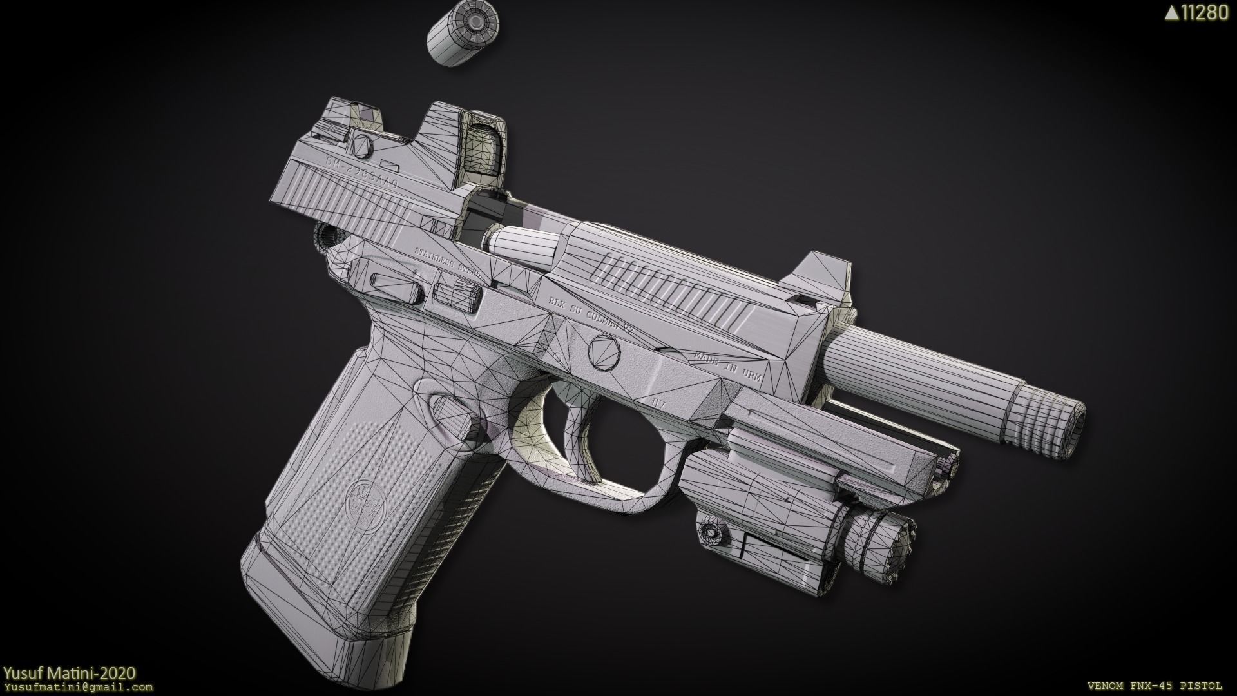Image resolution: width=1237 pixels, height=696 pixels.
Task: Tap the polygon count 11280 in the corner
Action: [1196, 13]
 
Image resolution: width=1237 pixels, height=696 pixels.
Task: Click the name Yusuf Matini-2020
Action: [69, 673]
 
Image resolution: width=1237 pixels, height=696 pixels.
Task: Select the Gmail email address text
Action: [77, 687]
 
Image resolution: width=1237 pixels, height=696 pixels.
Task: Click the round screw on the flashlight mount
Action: [711, 531]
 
